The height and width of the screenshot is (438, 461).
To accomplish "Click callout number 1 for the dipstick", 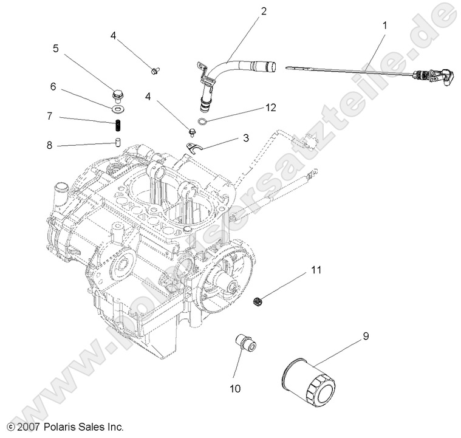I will click(383, 26).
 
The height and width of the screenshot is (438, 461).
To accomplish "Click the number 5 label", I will click(56, 49).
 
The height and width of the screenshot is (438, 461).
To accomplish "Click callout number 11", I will click(316, 269).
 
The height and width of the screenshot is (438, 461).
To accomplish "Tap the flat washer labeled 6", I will click(117, 109).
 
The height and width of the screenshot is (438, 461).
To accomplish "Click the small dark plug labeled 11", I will click(257, 300).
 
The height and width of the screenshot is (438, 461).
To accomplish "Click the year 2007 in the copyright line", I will click(27, 427).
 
